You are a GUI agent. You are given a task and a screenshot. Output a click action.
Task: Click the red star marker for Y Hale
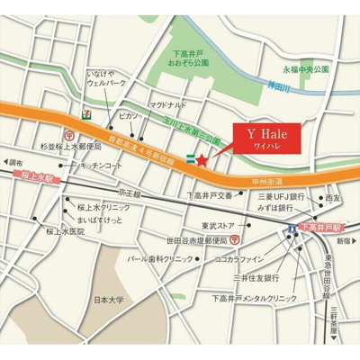pyautogui.click(x=202, y=160)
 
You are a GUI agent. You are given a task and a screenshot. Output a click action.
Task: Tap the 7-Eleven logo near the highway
pyautogui.click(x=84, y=115)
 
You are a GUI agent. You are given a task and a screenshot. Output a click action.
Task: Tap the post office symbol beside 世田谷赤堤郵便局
pyautogui.click(x=233, y=239)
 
